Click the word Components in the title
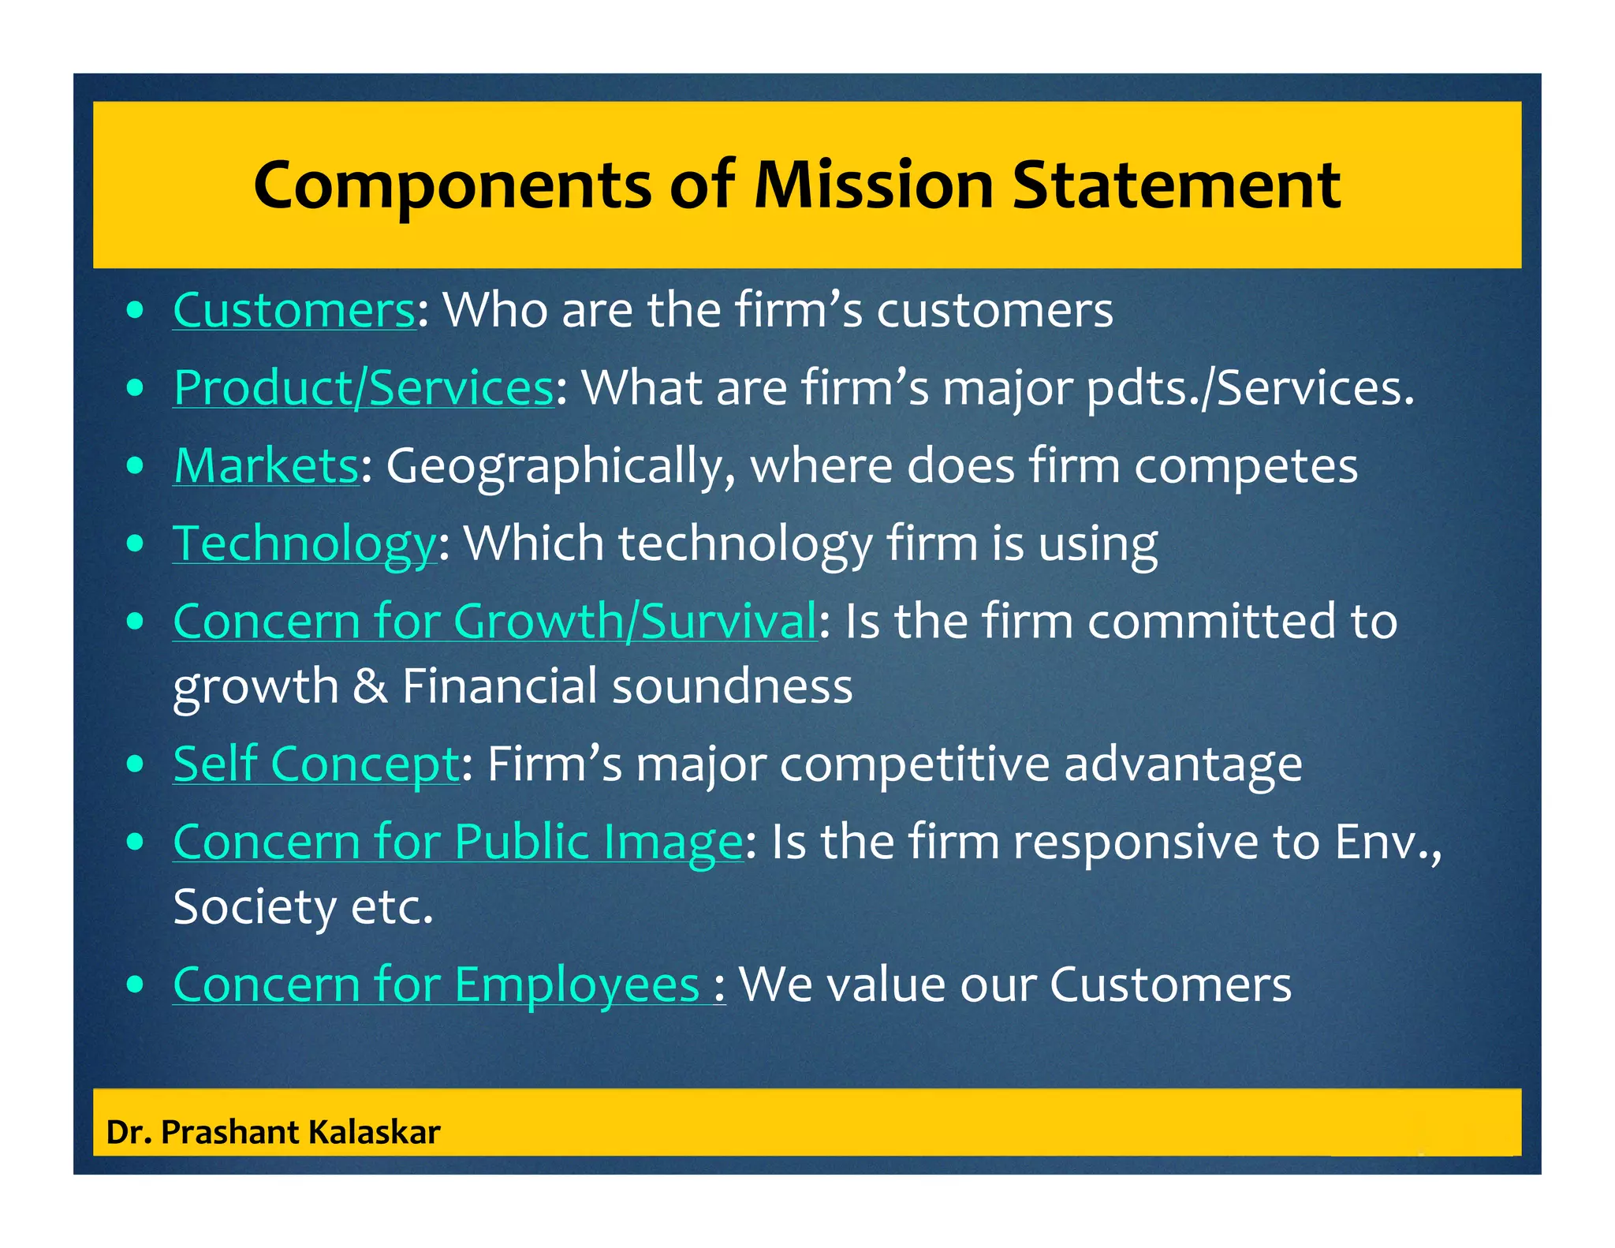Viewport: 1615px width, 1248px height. [453, 186]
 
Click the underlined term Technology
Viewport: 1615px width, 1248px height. [304, 544]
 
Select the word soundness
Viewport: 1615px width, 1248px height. [733, 685]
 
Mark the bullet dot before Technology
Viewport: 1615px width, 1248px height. [136, 544]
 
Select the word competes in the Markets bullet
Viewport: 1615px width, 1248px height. [1246, 465]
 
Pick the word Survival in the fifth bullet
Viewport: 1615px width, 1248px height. [728, 621]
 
